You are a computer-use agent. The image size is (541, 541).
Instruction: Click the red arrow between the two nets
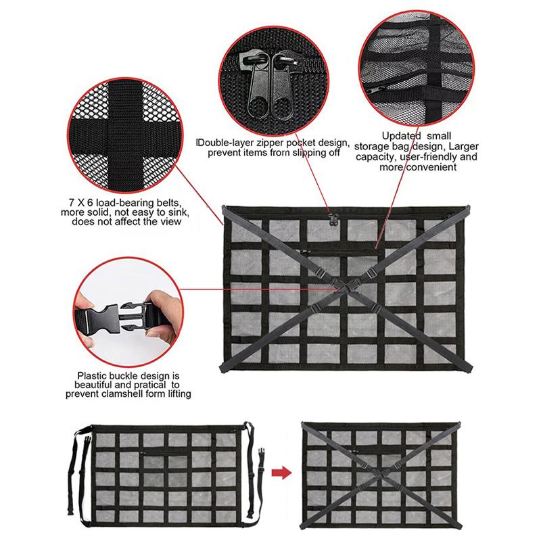click(281, 472)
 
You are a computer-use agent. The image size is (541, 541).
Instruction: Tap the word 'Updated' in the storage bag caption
click(401, 136)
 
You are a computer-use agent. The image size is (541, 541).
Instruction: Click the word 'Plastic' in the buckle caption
click(91, 376)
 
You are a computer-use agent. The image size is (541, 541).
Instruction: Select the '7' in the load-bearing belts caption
click(72, 202)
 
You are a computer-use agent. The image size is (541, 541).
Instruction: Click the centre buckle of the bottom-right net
click(382, 475)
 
